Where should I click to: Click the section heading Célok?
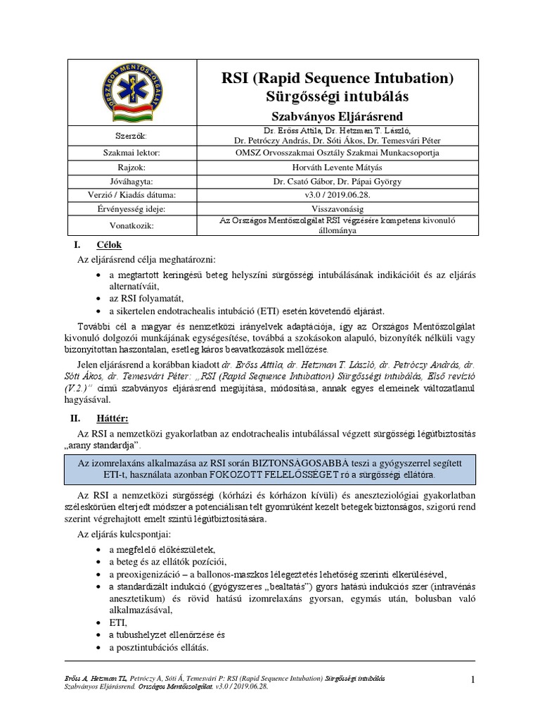pos(108,244)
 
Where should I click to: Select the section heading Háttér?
pos(112,418)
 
